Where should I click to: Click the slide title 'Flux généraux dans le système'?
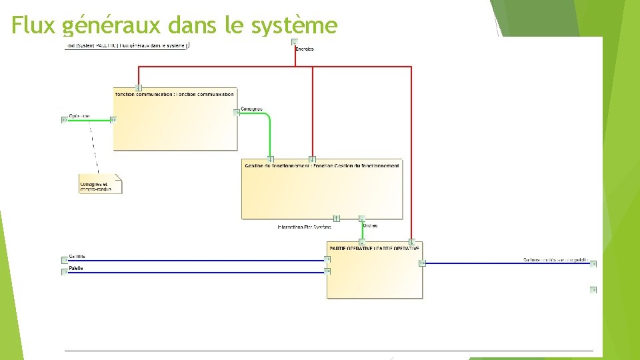(x=175, y=25)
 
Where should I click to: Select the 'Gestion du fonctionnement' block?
(x=322, y=189)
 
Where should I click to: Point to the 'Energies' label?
(x=305, y=49)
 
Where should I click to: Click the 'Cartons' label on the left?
(x=77, y=257)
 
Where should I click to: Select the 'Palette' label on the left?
(x=77, y=268)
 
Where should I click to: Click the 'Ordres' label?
(x=371, y=225)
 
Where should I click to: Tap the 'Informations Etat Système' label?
(x=304, y=227)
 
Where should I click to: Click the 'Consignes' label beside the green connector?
(x=251, y=109)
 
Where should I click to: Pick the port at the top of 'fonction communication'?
(x=138, y=87)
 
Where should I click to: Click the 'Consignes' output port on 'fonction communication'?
(x=237, y=113)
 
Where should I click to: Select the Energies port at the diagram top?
(x=295, y=42)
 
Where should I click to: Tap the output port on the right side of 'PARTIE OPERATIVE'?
(x=422, y=263)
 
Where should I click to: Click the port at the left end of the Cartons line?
(x=65, y=260)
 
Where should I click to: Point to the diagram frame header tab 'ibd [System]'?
(x=127, y=45)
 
